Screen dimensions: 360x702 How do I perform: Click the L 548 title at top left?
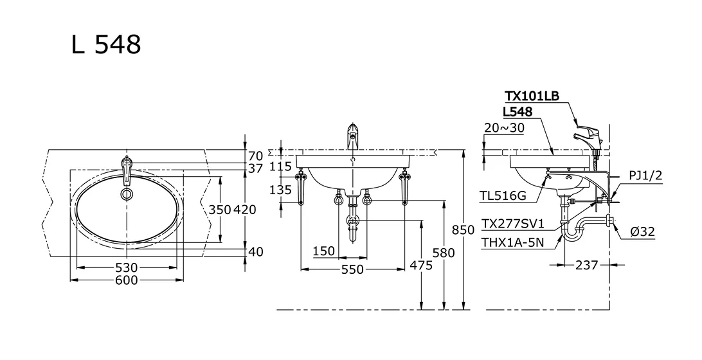106,45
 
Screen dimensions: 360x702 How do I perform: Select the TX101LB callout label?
532,96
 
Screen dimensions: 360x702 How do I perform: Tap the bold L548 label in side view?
518,111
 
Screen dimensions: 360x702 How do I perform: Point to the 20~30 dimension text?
504,127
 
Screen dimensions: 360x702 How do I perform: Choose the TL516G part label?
501,195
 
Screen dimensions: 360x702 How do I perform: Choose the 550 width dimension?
352,269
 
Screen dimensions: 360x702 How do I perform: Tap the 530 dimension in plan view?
126,267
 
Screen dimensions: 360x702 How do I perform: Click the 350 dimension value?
219,209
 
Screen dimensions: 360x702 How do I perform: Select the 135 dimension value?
280,190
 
